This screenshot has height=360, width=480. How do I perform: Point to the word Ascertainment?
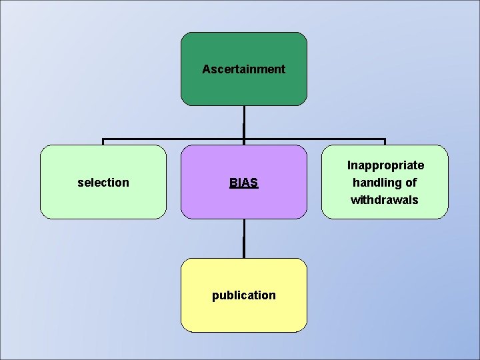point(244,69)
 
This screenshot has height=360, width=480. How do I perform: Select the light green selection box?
point(103,200)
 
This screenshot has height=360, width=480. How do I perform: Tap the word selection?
point(103,183)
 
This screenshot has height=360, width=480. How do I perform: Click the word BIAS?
point(244,183)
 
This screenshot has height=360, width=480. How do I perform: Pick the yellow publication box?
point(244,313)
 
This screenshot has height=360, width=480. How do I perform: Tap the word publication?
point(244,295)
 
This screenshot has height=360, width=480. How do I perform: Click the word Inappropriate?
point(385,165)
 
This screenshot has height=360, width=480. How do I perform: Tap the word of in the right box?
point(411,183)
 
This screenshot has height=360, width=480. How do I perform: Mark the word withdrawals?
point(385,200)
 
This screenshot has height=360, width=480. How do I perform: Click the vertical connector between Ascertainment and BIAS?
point(244,123)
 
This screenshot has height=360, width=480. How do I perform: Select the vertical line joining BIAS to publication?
point(244,239)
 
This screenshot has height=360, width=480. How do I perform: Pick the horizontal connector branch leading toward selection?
point(173,139)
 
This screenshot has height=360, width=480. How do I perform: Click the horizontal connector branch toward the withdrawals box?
point(315,139)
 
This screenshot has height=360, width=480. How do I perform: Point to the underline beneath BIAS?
point(244,189)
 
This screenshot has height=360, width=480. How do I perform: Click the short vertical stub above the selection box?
point(103,142)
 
